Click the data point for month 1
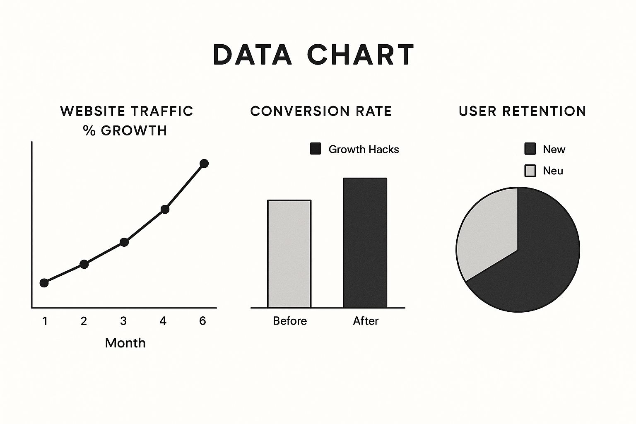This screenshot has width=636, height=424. pos(44,283)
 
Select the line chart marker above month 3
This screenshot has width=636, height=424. pos(124,242)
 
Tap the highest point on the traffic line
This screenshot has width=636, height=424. pos(204,164)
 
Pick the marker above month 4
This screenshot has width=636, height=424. pos(165,209)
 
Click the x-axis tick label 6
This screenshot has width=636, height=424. pos(202,321)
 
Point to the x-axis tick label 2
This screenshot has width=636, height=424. pos(84,321)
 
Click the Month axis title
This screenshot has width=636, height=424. pos(125,343)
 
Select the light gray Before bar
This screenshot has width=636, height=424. pos(289,254)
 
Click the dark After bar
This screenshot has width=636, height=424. pos(365,243)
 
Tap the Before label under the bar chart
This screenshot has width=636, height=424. pos(290,321)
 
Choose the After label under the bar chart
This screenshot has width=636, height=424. pos(366,321)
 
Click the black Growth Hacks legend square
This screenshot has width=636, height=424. pos(316,149)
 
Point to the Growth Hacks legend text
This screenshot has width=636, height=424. pos(364,149)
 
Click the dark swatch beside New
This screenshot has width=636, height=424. pos(530,149)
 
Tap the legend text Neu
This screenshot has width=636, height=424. pos(553,171)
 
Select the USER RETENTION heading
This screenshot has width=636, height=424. pos(523,111)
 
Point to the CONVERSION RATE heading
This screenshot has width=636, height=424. pos(321,111)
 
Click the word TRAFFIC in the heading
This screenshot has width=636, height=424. pos(161,111)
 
